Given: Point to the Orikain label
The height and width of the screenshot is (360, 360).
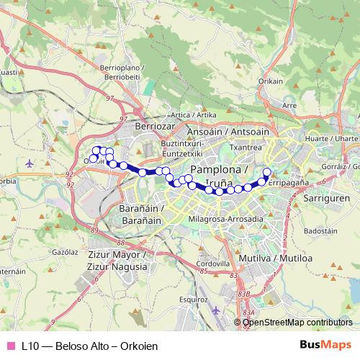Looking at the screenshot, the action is point(271,81).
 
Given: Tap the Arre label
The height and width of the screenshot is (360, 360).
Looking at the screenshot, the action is point(289,105).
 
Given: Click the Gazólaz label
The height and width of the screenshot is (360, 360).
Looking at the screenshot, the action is point(65,253).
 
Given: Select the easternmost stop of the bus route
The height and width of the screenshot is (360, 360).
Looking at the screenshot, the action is point(266,171).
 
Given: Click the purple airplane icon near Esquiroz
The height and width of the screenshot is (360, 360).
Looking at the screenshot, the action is point(217,310).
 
